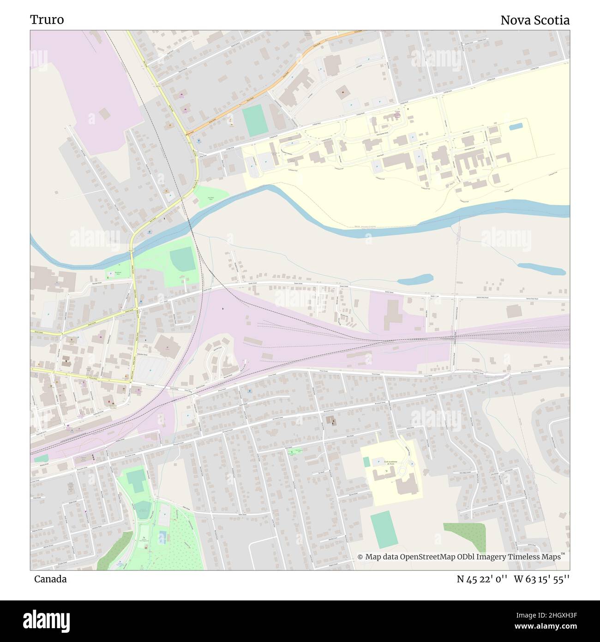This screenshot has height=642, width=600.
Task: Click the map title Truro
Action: point(47,20)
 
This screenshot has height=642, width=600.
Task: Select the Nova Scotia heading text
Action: point(535,20)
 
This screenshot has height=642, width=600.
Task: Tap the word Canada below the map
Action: point(50,579)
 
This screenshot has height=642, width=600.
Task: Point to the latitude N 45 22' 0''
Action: point(482,579)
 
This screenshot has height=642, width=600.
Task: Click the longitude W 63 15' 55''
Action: point(542,579)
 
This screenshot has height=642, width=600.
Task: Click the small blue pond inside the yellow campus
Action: point(516,126)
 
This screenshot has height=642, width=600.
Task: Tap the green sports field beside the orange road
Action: point(255,121)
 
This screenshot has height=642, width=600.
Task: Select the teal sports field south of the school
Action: point(384,529)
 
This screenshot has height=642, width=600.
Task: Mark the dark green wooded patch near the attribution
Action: point(465,538)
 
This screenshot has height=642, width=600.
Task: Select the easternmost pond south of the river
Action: point(541,269)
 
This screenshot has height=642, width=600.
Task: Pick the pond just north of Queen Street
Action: point(415,279)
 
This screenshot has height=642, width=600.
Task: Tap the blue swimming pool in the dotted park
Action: point(163,537)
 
